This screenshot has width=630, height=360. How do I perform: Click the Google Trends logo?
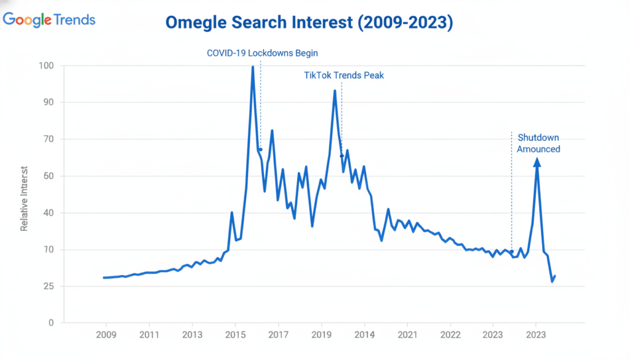pyautogui.click(x=49, y=20)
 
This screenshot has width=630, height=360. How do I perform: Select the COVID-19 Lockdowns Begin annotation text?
pyautogui.click(x=262, y=53)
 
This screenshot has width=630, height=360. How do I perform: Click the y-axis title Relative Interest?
pyautogui.click(x=25, y=198)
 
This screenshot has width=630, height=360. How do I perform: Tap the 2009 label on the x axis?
pyautogui.click(x=106, y=335)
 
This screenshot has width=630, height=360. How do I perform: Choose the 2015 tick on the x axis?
pyautogui.click(x=236, y=335)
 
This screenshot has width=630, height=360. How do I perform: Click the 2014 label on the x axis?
pyautogui.click(x=365, y=335)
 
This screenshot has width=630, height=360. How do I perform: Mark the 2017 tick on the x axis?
pyautogui.click(x=279, y=335)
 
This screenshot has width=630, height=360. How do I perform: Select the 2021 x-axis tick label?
pyautogui.click(x=408, y=335)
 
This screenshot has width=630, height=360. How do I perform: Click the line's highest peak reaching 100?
pyautogui.click(x=253, y=67)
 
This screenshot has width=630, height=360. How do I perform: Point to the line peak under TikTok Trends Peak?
pyautogui.click(x=335, y=91)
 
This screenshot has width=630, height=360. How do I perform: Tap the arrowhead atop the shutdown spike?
pyautogui.click(x=537, y=162)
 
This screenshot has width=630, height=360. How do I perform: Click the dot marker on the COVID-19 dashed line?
pyautogui.click(x=260, y=150)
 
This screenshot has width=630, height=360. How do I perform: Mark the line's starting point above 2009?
pyautogui.click(x=104, y=278)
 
